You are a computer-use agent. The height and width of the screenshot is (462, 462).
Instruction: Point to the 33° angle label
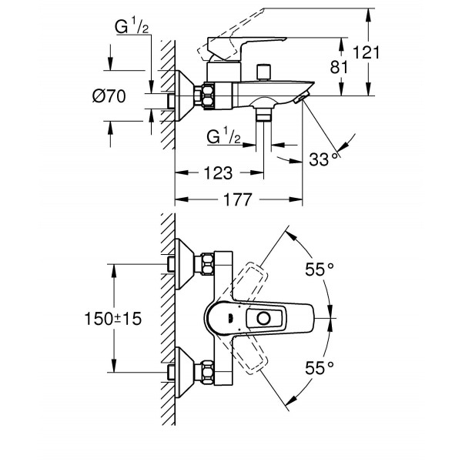pyautogui.click(x=322, y=159)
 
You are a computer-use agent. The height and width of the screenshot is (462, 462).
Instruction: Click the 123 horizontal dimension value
pyautogui.click(x=216, y=174)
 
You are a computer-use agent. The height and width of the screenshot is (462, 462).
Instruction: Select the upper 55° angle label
pyautogui.click(x=320, y=269)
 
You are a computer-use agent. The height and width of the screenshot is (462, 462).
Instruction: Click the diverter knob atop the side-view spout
pyautogui.click(x=265, y=72)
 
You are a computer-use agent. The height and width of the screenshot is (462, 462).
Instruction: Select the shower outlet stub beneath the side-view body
pyautogui.click(x=265, y=115)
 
